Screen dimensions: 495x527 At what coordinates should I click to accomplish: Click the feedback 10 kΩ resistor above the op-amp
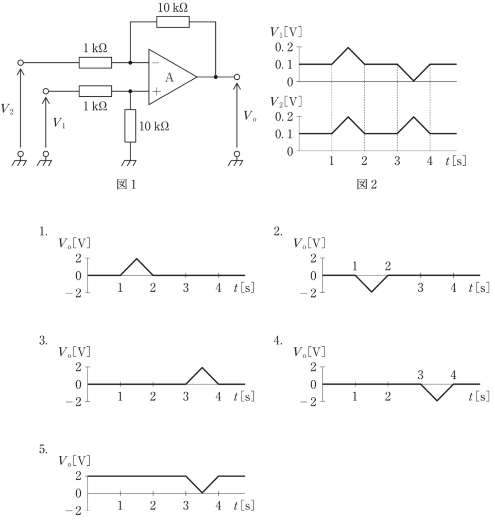click(x=173, y=22)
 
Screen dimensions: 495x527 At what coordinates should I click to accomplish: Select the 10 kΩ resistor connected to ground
click(x=130, y=126)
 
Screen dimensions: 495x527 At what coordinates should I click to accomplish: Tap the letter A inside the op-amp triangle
click(x=169, y=78)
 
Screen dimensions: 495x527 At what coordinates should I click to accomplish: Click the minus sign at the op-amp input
click(x=156, y=63)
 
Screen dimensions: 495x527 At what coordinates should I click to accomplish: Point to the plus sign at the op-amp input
click(x=157, y=91)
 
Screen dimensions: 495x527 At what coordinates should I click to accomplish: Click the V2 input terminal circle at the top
click(x=21, y=63)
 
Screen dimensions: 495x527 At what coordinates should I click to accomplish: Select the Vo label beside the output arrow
click(x=250, y=116)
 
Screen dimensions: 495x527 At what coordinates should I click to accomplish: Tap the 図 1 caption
click(x=126, y=184)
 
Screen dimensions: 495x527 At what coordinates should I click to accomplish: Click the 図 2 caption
click(x=367, y=184)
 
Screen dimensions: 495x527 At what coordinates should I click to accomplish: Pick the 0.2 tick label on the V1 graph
click(x=284, y=47)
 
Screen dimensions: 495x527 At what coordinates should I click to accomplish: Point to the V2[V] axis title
click(x=286, y=101)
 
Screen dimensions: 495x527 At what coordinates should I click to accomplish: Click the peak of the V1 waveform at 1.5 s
click(x=348, y=48)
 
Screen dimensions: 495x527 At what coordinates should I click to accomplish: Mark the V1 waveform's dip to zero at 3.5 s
click(x=414, y=81)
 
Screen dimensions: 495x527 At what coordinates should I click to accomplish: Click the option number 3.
click(x=43, y=341)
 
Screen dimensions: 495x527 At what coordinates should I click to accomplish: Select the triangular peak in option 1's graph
click(x=136, y=259)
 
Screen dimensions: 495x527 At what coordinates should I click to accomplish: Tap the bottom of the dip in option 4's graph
click(x=437, y=400)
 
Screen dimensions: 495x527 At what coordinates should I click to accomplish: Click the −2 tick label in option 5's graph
click(x=73, y=511)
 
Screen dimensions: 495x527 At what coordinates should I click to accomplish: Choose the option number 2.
click(x=278, y=232)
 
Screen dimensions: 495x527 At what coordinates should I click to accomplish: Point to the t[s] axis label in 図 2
click(x=456, y=161)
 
